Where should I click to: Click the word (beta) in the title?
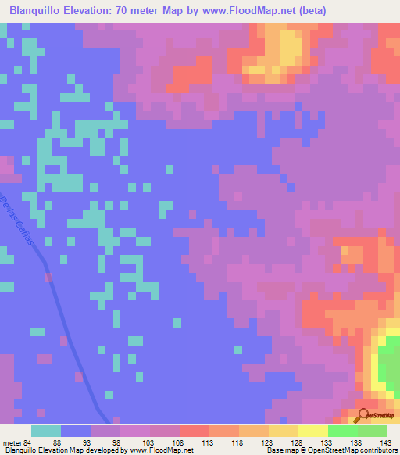pyautogui.click(x=312, y=10)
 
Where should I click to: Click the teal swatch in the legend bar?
pyautogui.click(x=46, y=431)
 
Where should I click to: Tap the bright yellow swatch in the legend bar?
pyautogui.click(x=312, y=431)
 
